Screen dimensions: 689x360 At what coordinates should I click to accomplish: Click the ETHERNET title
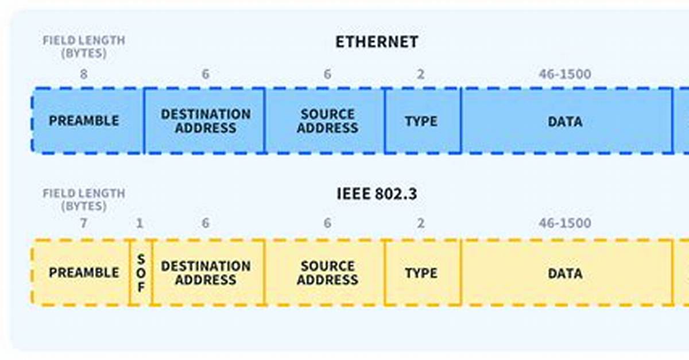377,42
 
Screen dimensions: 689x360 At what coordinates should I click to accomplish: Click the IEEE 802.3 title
377,194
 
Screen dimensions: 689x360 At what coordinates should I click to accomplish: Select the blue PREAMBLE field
87,121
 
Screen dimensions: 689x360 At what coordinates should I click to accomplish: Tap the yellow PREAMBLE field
81,273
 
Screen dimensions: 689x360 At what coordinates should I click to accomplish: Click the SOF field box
141,273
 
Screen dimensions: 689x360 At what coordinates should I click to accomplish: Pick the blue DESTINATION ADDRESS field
204,121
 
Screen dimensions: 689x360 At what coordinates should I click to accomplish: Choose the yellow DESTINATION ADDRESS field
208,273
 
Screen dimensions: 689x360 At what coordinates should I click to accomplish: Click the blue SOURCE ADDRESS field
325,121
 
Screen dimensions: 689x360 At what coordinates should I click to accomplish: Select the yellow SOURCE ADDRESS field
325,273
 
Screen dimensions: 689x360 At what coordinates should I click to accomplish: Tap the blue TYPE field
423,121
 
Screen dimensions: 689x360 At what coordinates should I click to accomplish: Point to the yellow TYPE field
423,273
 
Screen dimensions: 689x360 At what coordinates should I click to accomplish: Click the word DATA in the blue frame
565,122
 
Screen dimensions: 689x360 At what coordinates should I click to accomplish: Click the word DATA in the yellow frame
565,273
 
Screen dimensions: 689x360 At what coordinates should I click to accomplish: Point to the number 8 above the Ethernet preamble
84,74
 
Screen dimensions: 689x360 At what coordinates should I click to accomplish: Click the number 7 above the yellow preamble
83,223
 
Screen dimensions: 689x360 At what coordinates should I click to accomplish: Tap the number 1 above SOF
140,223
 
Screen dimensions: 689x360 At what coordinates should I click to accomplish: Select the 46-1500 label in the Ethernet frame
565,74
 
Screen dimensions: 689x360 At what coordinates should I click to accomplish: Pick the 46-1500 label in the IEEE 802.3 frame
565,223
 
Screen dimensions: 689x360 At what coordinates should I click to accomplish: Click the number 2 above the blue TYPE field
420,74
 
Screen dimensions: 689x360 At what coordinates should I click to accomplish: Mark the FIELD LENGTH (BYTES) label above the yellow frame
84,200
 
